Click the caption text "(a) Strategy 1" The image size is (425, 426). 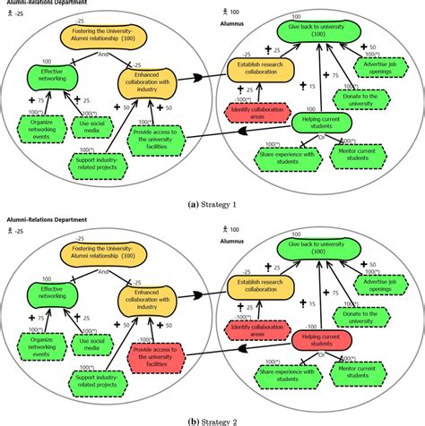coord(212,203)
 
